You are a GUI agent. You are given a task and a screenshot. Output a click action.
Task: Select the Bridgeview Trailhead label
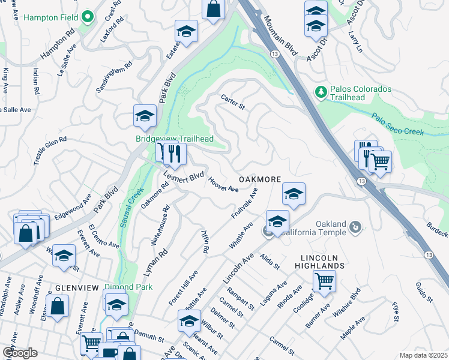[x=174, y=138]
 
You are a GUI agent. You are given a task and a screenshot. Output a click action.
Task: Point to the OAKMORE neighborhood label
[x=260, y=179]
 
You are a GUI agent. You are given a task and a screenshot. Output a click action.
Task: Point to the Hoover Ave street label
[x=223, y=184]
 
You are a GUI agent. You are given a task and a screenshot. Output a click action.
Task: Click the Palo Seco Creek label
[x=397, y=124]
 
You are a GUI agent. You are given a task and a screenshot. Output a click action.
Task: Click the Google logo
[x=20, y=353]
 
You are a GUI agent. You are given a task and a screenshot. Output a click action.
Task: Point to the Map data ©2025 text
[x=423, y=355]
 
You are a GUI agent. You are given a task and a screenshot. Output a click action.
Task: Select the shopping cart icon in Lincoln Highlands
[x=324, y=280]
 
